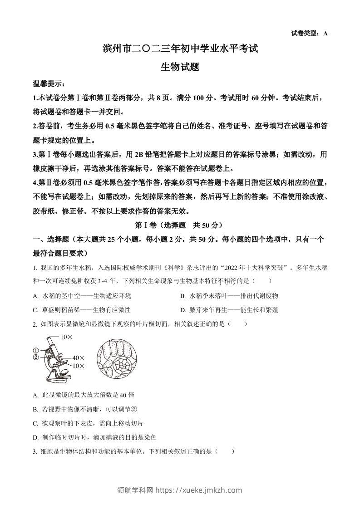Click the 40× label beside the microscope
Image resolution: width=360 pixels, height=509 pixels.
[79, 358]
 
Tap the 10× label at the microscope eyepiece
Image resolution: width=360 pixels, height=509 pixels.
[67, 337]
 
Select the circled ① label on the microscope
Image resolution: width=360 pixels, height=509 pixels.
[35, 351]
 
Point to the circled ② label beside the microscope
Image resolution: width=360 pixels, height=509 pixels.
[35, 357]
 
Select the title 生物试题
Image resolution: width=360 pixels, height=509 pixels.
[180, 67]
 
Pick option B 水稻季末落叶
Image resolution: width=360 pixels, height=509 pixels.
[229, 296]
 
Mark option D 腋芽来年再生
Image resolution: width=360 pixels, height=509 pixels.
[229, 310]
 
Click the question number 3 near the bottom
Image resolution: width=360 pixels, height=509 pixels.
[35, 451]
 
